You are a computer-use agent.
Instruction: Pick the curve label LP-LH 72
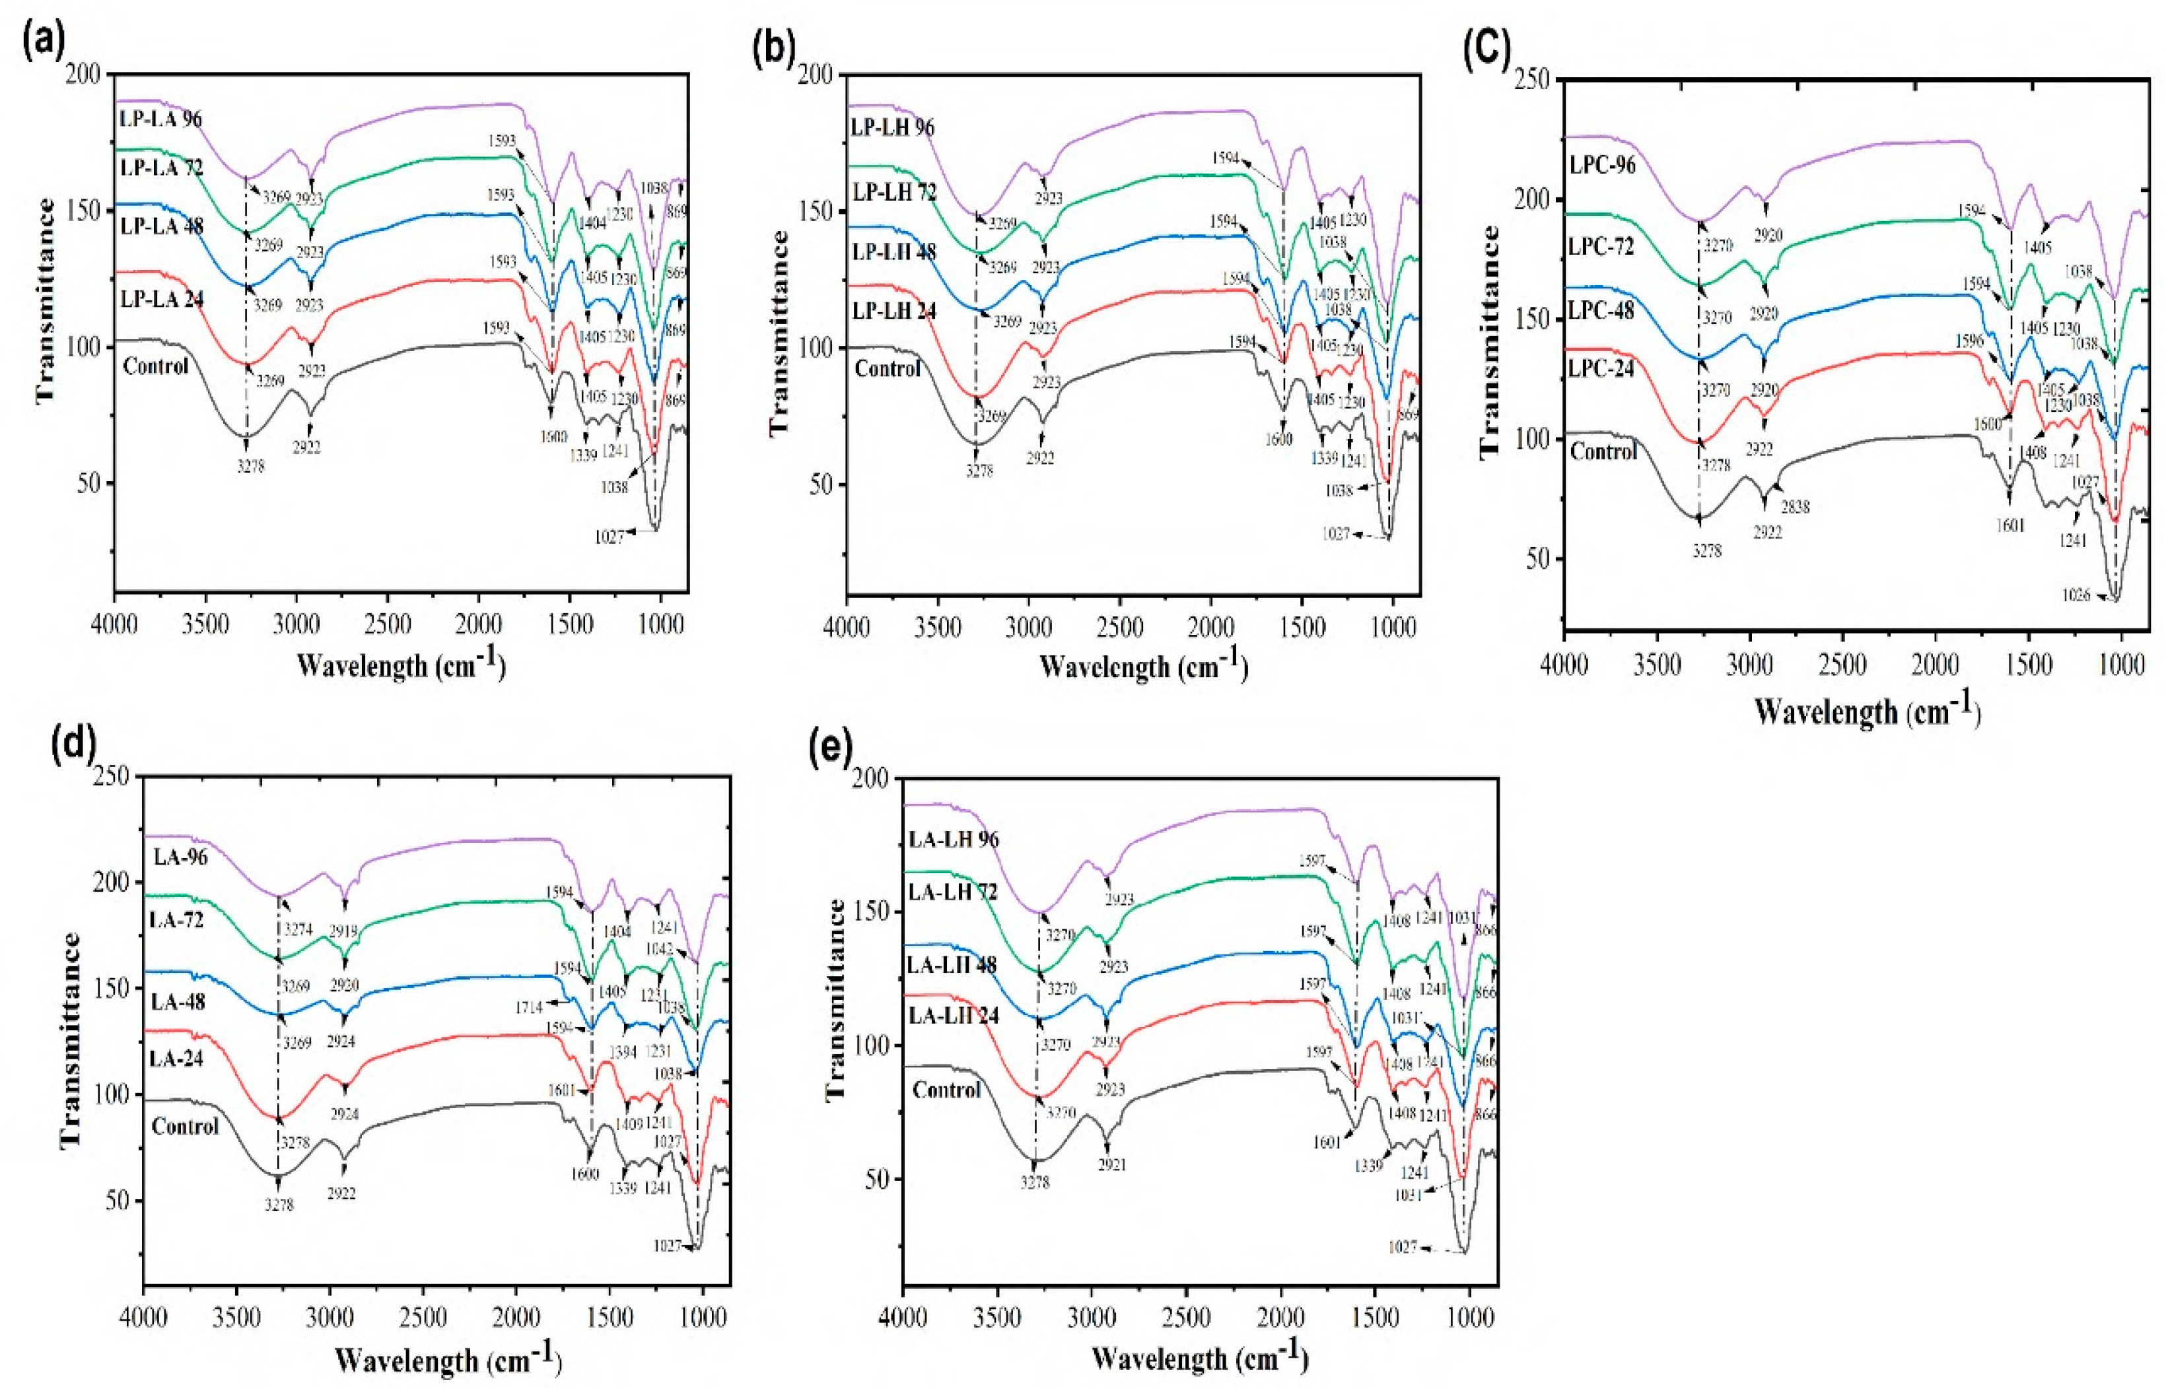click(893, 193)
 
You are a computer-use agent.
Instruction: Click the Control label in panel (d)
click(185, 1127)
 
